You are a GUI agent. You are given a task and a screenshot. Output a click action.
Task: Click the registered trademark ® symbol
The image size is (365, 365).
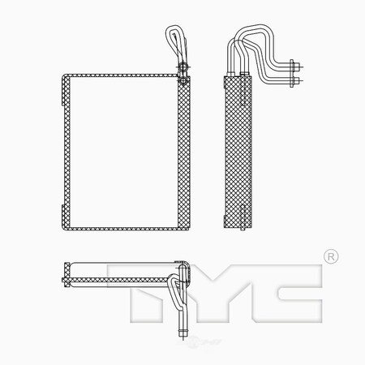click(329, 257)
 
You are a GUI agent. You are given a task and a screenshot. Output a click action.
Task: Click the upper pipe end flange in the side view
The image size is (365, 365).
click(294, 67)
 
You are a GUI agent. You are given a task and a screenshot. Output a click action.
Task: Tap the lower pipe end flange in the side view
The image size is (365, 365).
click(294, 81)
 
